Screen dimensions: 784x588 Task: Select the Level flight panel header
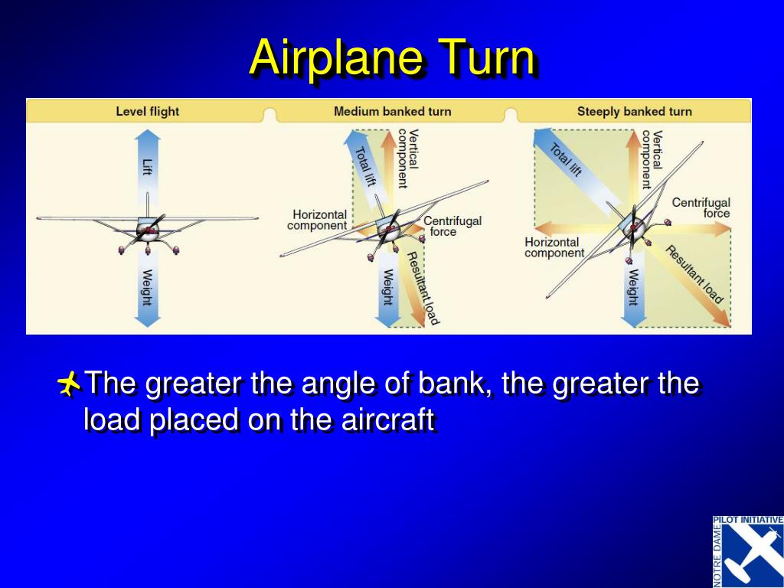point(148,111)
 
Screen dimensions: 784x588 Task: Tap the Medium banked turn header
point(393,111)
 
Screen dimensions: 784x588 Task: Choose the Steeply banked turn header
point(635,111)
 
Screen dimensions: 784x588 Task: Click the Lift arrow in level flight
point(148,168)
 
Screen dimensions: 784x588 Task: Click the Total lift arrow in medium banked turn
point(367,170)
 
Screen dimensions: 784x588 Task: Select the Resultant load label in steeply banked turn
point(694,275)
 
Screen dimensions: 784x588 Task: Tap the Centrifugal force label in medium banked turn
point(452,226)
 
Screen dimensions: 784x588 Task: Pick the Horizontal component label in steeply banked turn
point(554,247)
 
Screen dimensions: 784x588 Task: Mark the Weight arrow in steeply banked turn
point(633,290)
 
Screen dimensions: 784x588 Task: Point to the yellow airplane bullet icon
point(68,384)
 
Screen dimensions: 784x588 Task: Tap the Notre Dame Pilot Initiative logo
point(748,551)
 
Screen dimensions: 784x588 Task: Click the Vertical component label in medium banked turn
point(408,158)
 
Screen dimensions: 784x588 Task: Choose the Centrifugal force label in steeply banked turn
point(701,207)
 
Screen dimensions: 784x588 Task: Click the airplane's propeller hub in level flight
point(148,230)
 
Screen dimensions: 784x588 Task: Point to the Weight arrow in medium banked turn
point(388,290)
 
